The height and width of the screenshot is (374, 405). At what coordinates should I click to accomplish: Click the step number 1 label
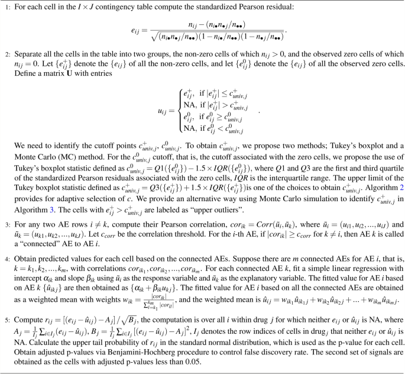point(5,8)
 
